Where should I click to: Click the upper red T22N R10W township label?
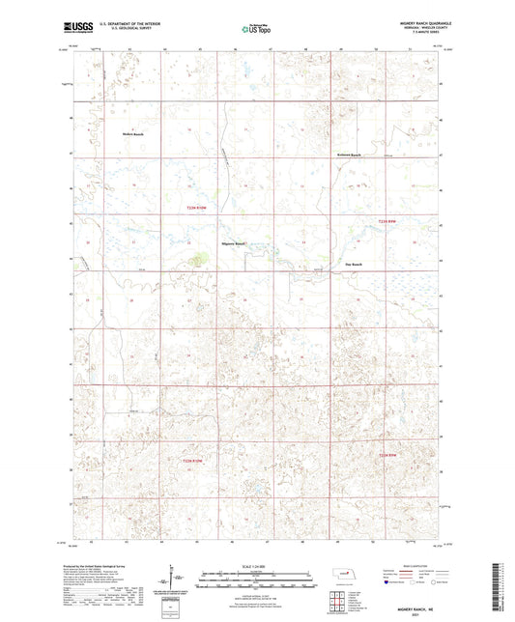pyautogui.click(x=197, y=206)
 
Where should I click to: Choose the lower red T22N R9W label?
pyautogui.click(x=388, y=455)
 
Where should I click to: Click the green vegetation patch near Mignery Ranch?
pyautogui.click(x=199, y=258)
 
